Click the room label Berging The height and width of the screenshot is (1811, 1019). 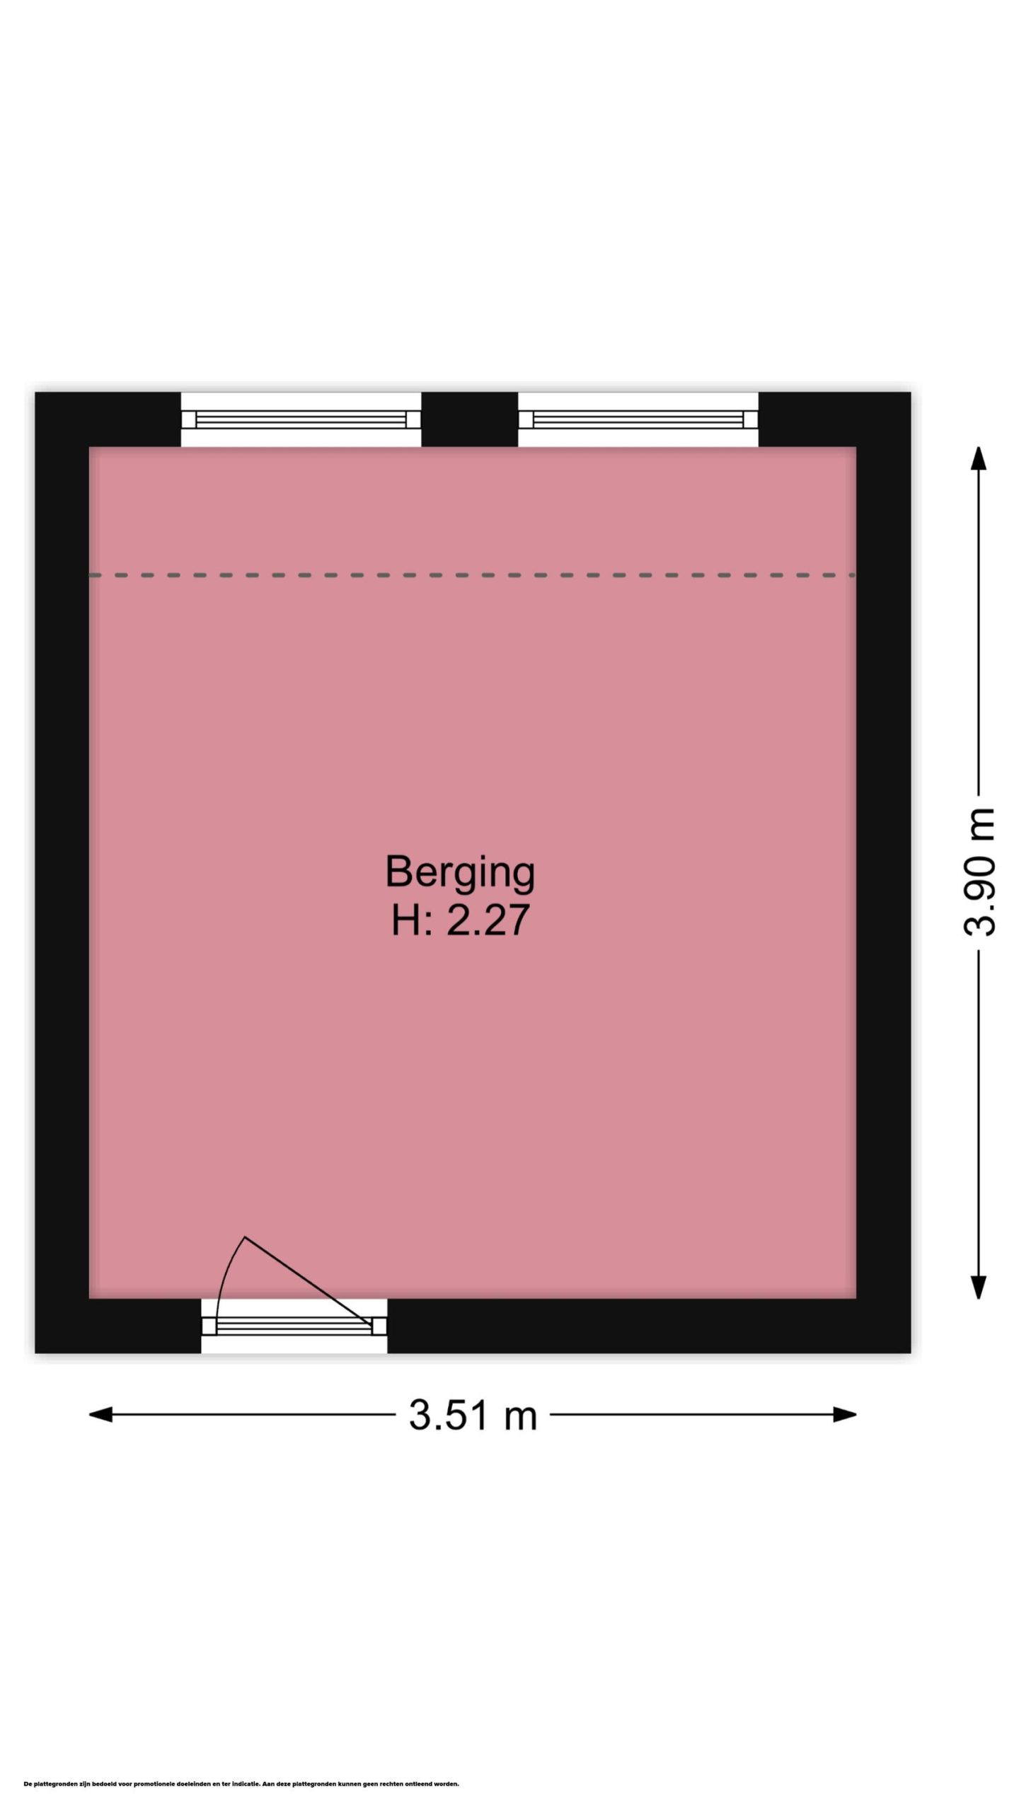tap(460, 872)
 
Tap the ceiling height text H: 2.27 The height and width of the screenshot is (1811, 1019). tap(461, 920)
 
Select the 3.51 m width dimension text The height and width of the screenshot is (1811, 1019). tap(473, 1416)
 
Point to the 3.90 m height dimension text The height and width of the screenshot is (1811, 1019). tap(979, 872)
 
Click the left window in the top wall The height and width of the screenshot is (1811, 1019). tap(301, 420)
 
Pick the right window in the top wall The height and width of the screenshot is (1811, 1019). tap(638, 420)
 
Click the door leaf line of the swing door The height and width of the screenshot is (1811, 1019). tap(308, 1281)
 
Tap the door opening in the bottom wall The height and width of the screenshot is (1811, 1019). tap(294, 1326)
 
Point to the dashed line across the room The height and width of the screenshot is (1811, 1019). tap(472, 575)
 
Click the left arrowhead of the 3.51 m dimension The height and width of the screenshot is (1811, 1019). tap(100, 1415)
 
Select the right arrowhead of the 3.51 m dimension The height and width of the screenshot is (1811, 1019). tap(844, 1415)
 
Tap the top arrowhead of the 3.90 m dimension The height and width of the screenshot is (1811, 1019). tap(979, 458)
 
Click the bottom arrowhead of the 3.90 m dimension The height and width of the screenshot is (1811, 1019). tap(979, 1287)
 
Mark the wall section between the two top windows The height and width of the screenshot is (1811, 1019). tap(470, 420)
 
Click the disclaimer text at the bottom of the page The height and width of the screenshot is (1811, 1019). tap(241, 1783)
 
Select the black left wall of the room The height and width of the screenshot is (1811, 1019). tap(62, 872)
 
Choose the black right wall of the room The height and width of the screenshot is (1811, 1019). tap(883, 872)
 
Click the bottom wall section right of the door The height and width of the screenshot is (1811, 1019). tap(649, 1326)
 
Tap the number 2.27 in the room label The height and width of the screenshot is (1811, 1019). tap(488, 920)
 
